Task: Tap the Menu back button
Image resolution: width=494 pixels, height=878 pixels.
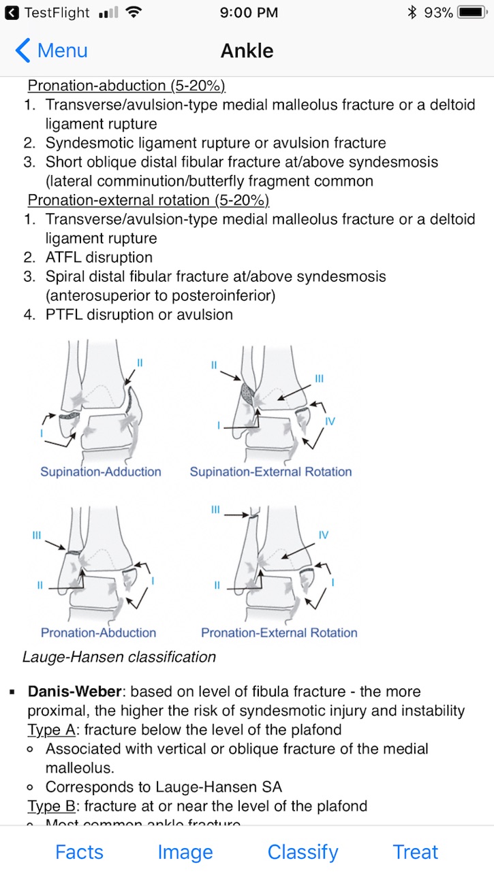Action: click(x=51, y=50)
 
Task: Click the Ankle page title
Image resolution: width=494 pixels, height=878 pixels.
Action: click(x=247, y=51)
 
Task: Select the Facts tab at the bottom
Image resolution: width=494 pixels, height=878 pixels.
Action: click(x=79, y=851)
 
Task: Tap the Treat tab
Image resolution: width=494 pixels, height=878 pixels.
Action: click(x=415, y=851)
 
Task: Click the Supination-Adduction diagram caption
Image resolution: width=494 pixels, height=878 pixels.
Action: click(x=101, y=472)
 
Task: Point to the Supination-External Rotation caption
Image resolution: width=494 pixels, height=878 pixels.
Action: click(x=271, y=472)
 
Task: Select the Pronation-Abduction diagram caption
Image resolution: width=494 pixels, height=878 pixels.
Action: click(x=99, y=632)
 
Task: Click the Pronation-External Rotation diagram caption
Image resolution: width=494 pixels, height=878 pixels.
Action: click(x=279, y=632)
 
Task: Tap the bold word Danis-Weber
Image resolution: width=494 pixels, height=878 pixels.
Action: click(x=74, y=692)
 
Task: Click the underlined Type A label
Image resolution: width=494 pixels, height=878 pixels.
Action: click(x=51, y=730)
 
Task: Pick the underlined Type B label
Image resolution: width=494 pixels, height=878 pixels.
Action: click(x=51, y=807)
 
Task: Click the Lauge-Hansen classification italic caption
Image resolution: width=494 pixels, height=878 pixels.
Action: click(x=119, y=657)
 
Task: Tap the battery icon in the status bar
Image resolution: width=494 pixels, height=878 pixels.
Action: click(x=472, y=12)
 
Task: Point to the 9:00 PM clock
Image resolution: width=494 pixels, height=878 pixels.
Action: click(x=249, y=12)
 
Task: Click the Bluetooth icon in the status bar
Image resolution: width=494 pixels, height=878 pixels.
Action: click(x=412, y=12)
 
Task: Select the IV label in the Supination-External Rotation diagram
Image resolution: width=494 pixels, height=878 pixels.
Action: click(x=330, y=421)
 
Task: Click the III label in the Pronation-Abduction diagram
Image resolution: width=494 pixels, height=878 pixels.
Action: click(x=37, y=536)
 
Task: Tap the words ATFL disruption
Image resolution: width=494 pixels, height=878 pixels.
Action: click(x=99, y=257)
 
